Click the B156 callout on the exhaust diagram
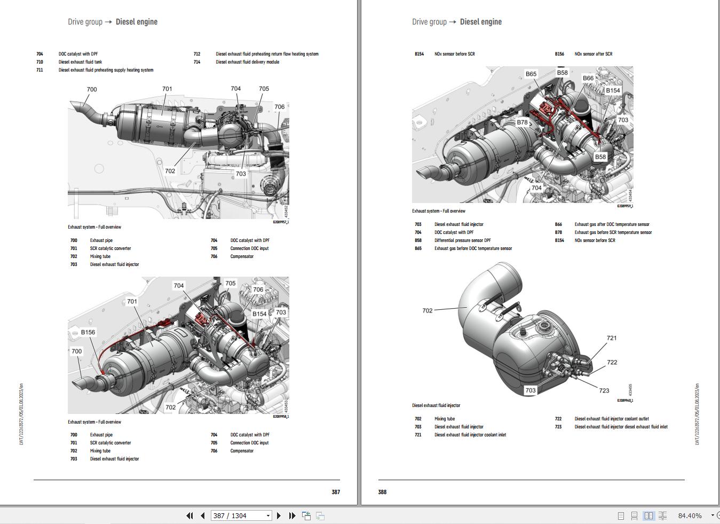88,332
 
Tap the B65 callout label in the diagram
531,74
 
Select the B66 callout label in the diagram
588,78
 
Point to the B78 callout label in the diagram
522,122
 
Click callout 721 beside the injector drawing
612,338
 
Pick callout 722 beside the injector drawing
612,362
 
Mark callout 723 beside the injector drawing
604,390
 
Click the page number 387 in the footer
336,492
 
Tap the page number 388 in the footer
382,492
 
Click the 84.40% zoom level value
690,515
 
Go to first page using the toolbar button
189,515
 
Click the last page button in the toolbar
292,515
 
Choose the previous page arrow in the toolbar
203,515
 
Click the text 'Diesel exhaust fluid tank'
80,62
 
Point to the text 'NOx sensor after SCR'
593,54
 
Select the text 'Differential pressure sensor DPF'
462,240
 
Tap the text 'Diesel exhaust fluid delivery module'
247,62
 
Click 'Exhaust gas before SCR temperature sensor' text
613,232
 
